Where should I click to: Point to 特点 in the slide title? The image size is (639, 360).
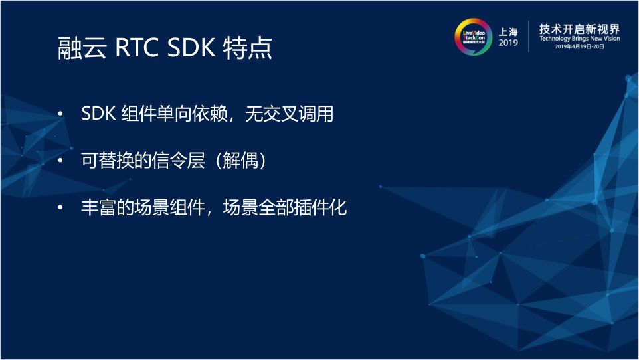[248, 49]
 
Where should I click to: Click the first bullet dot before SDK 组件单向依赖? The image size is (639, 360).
[61, 115]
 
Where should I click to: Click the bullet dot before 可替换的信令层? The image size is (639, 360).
[61, 161]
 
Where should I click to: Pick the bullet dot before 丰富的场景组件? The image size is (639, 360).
[61, 208]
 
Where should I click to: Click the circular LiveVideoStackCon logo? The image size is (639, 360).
[472, 37]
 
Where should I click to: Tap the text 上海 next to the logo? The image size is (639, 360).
[509, 31]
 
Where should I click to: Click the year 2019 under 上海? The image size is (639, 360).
[508, 43]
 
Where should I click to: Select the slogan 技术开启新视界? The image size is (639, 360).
[579, 29]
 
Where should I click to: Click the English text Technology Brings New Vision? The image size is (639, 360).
[579, 39]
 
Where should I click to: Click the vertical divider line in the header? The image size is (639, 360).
[529, 37]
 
